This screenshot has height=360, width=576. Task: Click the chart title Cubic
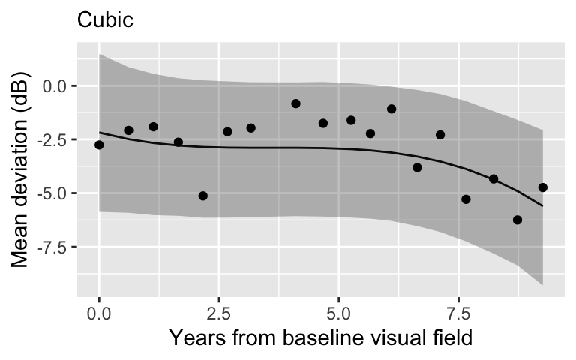tap(105, 20)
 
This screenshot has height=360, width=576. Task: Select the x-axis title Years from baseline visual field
tap(321, 337)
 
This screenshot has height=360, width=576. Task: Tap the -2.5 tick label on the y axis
tap(52, 139)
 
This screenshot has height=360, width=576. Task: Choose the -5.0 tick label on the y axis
tap(52, 193)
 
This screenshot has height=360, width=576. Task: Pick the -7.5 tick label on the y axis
tap(52, 247)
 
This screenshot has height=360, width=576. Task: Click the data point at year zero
tap(99, 145)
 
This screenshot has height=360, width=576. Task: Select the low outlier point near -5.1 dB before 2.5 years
tap(202, 196)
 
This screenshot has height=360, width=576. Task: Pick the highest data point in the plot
tap(295, 103)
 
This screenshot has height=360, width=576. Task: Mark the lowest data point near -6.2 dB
tap(517, 220)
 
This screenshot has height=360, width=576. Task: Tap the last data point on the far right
tap(543, 187)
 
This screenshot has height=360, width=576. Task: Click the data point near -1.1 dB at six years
tap(391, 109)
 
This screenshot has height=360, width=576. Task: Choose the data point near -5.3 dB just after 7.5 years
tap(466, 199)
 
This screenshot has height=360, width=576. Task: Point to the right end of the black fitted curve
tap(542, 206)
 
